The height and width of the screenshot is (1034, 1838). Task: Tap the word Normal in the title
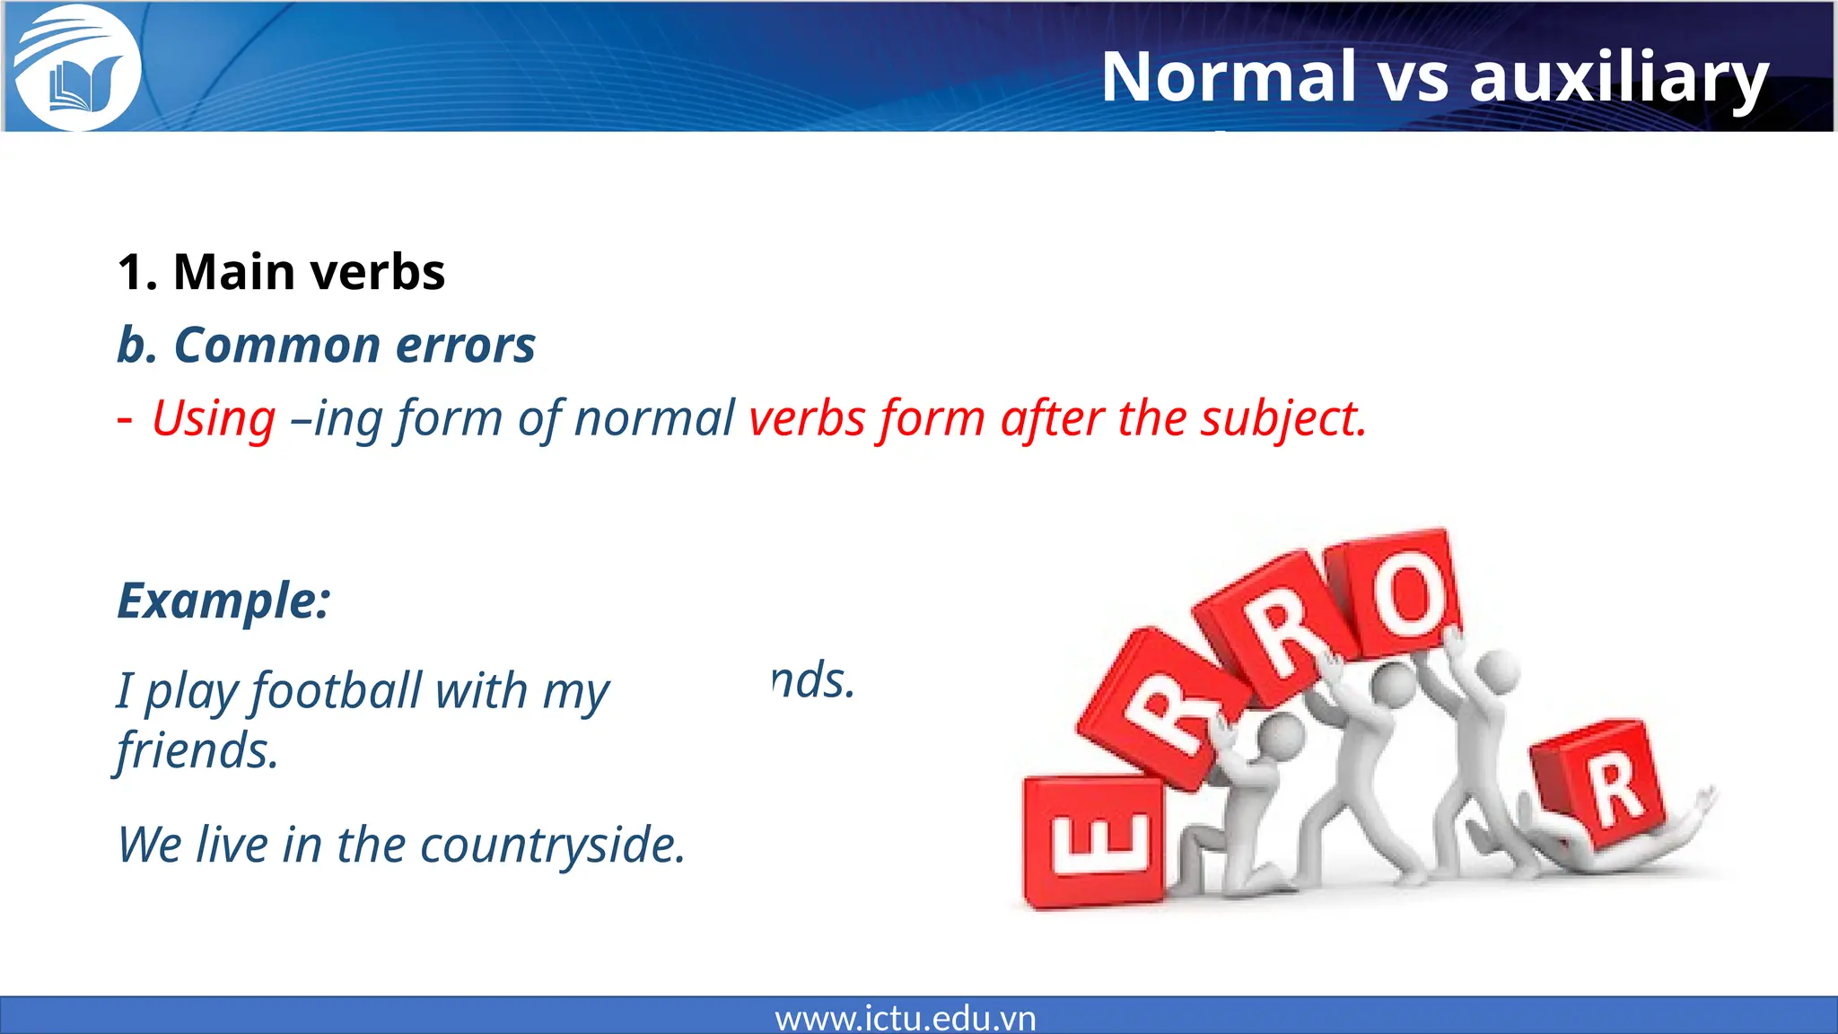pos(1228,77)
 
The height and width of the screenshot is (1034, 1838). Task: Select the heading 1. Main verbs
pos(281,272)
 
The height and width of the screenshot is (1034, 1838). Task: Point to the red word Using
pos(214,419)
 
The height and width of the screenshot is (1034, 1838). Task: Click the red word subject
pos(1283,419)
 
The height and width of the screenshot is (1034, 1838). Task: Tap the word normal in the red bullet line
pos(654,419)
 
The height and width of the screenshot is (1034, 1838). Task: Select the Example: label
pos(223,600)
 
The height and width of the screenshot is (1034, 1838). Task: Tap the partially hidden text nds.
pos(813,680)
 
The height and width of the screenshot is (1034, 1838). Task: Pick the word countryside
pos(553,846)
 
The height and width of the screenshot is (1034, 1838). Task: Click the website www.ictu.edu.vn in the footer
pos(905,1018)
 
